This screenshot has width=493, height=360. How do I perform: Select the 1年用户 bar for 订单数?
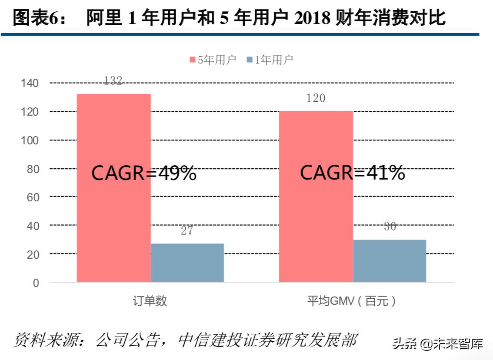[187, 263]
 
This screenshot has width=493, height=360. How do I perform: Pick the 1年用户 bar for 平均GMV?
[389, 260]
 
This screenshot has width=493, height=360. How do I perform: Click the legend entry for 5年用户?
[213, 60]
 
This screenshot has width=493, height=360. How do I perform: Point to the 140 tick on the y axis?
[30, 83]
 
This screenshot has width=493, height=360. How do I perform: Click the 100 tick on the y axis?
[30, 140]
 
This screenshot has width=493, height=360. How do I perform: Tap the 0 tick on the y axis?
[36, 283]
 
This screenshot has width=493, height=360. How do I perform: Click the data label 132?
[113, 80]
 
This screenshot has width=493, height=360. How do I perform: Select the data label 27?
[187, 231]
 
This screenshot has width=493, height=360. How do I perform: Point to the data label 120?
[316, 98]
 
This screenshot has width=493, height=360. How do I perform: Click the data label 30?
[390, 227]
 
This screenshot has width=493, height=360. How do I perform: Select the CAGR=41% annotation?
[353, 173]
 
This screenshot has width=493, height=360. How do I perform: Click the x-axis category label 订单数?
[150, 301]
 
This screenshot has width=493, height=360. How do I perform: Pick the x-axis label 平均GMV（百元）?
[352, 301]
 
